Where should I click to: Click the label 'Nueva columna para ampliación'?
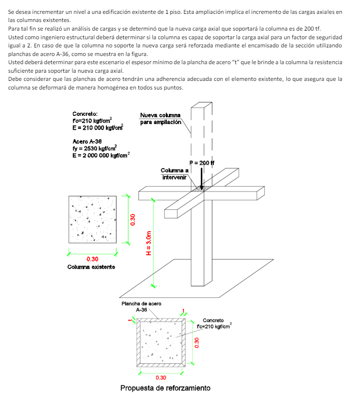tap(160, 119)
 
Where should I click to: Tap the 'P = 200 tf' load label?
tap(202, 163)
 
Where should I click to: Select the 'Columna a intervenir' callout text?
tap(174, 174)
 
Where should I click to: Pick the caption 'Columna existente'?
tap(91, 266)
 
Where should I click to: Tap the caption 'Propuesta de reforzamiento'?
tap(165, 388)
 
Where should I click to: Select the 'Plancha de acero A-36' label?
tap(141, 307)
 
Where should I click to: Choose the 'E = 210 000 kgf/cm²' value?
tap(98, 127)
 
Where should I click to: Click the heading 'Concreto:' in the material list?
tap(85, 114)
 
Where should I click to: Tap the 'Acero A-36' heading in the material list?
tap(87, 142)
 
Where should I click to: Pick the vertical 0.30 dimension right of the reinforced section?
tap(196, 343)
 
